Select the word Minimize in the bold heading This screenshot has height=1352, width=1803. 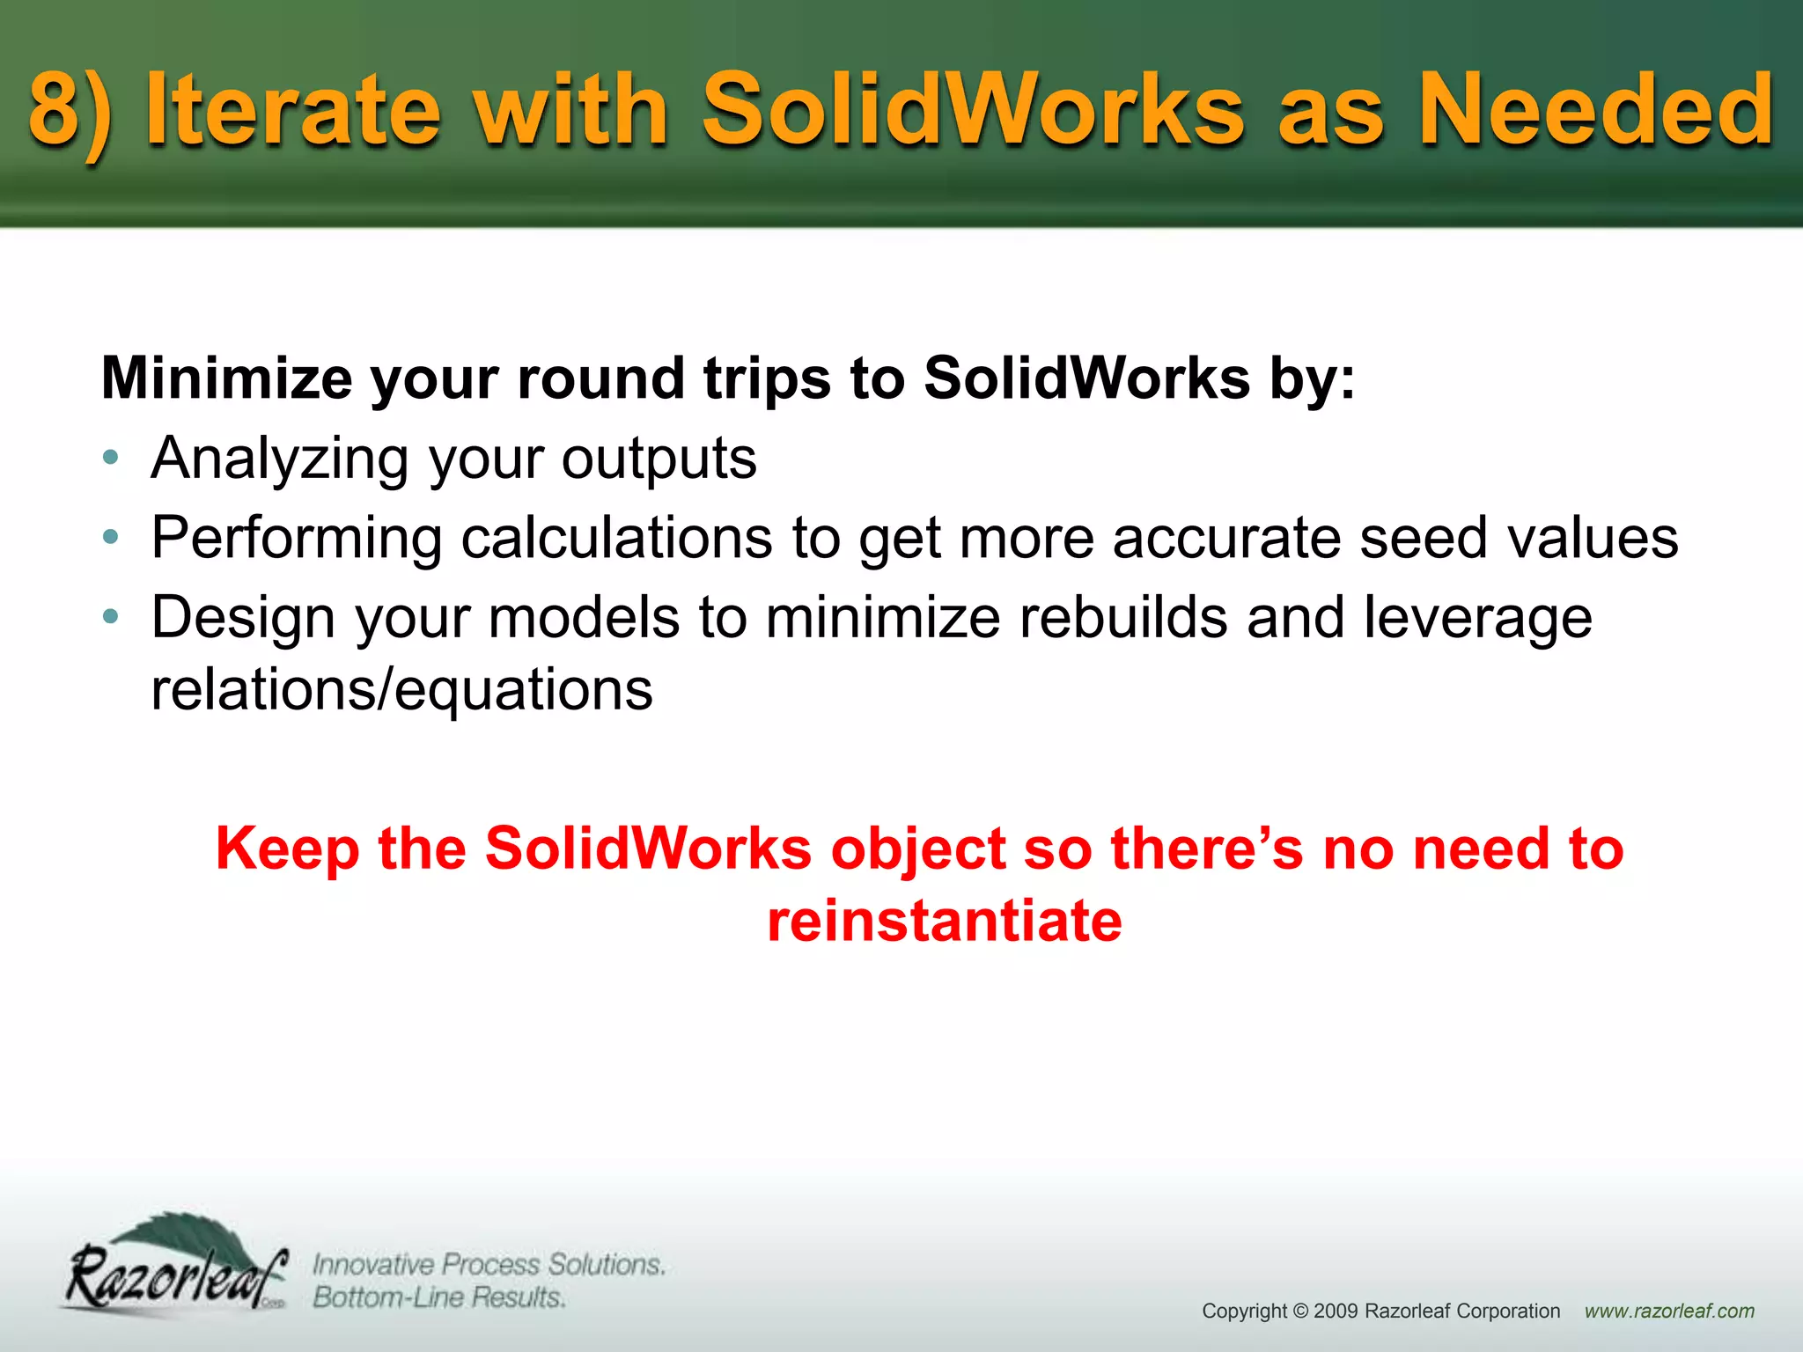227,378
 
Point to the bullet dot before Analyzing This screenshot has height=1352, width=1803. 110,458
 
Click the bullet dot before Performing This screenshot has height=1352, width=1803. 110,537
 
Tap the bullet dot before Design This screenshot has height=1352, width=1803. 110,617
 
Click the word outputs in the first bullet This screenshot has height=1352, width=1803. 659,459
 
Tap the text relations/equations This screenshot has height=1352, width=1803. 401,689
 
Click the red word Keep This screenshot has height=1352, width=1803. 287,849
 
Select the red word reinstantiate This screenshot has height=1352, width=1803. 944,921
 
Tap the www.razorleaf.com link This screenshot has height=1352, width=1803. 1669,1312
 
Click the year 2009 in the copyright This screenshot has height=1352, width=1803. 1335,1312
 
